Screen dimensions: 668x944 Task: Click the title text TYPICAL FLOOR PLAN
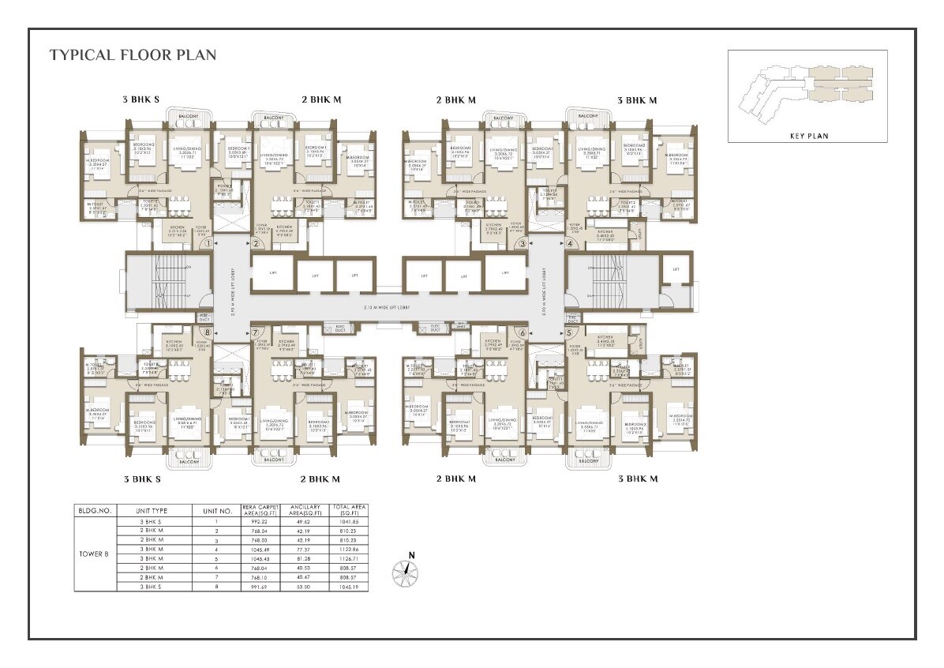[x=133, y=55]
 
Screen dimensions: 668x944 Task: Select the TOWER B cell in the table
[x=95, y=554]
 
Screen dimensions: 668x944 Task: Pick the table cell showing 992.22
[x=261, y=522]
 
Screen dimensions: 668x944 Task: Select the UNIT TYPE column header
[x=154, y=511]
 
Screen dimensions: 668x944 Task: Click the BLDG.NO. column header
[x=95, y=511]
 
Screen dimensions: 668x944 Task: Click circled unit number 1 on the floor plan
[x=207, y=244]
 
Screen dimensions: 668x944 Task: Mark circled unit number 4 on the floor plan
[x=570, y=244]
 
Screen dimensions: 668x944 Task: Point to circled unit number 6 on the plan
[x=522, y=332]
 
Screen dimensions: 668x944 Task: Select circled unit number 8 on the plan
[x=207, y=332]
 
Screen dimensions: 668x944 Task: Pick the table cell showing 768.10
[x=261, y=576]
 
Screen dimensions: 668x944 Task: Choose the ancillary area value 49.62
[x=304, y=522]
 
